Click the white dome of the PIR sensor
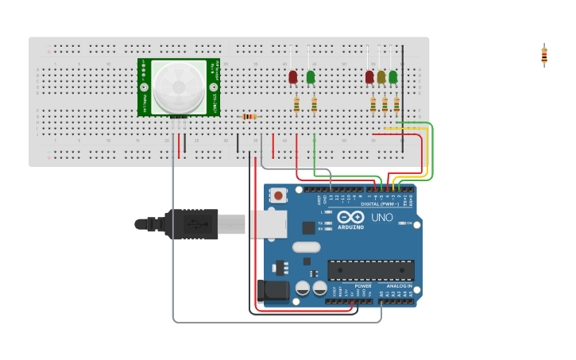pyautogui.click(x=179, y=86)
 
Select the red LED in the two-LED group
pyautogui.click(x=293, y=77)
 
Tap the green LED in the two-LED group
pyautogui.click(x=311, y=77)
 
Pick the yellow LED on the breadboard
pyautogui.click(x=381, y=77)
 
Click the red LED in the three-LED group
pyautogui.click(x=369, y=77)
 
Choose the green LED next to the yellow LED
pyautogui.click(x=393, y=77)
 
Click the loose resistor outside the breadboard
pyautogui.click(x=544, y=56)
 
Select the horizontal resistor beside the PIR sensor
pyautogui.click(x=249, y=117)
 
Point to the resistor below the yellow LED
pyautogui.click(x=385, y=104)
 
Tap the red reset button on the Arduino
pyautogui.click(x=279, y=195)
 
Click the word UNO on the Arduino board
pyautogui.click(x=382, y=217)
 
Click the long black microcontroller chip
pyautogui.click(x=370, y=270)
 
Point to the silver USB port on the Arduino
pyautogui.click(x=267, y=225)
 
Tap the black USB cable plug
pyautogui.click(x=191, y=224)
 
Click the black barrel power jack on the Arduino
pyautogui.click(x=273, y=291)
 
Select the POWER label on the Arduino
pyautogui.click(x=363, y=285)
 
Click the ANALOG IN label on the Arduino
pyautogui.click(x=399, y=285)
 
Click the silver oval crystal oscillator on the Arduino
pyautogui.click(x=306, y=247)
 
